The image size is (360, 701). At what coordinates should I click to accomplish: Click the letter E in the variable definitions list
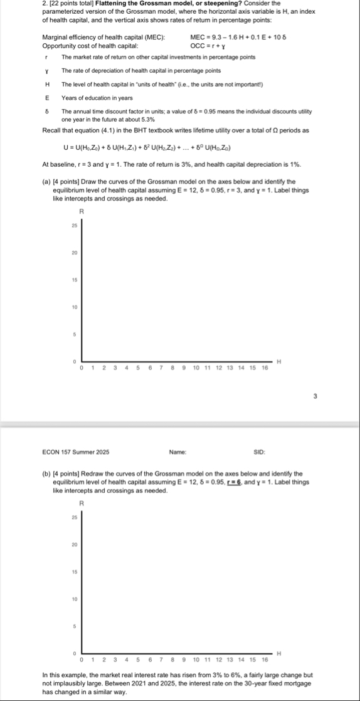pos(47,98)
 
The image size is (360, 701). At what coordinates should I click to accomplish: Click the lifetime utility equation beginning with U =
pos(149,147)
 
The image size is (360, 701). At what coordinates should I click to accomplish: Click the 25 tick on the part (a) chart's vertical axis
pos(73,225)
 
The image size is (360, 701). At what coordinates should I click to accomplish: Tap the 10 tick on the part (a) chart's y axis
pos(73,307)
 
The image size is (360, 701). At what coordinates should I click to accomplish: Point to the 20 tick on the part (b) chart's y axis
pos(73,545)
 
